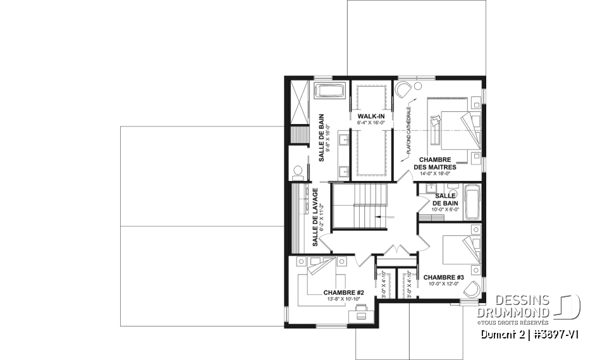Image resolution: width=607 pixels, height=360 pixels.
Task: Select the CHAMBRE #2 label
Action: (343, 292)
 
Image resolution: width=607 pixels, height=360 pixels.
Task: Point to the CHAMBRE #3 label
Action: (444, 277)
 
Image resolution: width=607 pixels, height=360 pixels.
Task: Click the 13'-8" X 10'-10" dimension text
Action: (343, 299)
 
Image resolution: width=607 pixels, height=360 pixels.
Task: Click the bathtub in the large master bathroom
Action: (330, 90)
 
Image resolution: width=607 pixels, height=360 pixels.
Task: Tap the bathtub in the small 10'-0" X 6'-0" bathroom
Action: (472, 201)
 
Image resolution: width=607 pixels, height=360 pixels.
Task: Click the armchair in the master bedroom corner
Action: (403, 89)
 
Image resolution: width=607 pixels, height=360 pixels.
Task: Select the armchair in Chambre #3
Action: (471, 290)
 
